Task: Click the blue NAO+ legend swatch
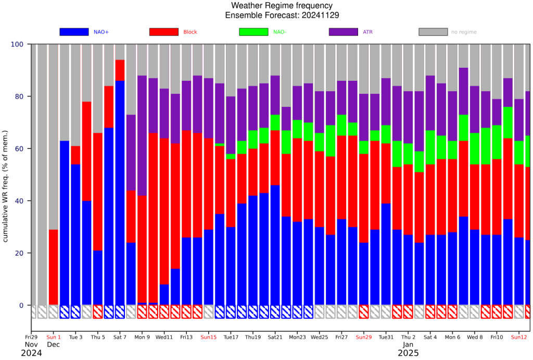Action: click(74, 32)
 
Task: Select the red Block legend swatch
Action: click(164, 32)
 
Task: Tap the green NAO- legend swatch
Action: click(253, 32)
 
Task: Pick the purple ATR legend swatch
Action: click(344, 32)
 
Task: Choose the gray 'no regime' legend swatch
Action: click(433, 32)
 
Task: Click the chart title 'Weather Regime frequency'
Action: click(282, 6)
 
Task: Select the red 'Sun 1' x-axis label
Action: click(54, 337)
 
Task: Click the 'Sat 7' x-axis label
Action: click(120, 337)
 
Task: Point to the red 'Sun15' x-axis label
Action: click(209, 337)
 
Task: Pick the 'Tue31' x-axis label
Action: click(386, 337)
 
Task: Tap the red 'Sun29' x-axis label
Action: click(364, 337)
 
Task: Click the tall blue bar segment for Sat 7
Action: click(120, 193)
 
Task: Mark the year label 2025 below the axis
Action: click(408, 353)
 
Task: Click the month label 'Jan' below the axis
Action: click(408, 344)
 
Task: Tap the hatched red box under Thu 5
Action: click(98, 312)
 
